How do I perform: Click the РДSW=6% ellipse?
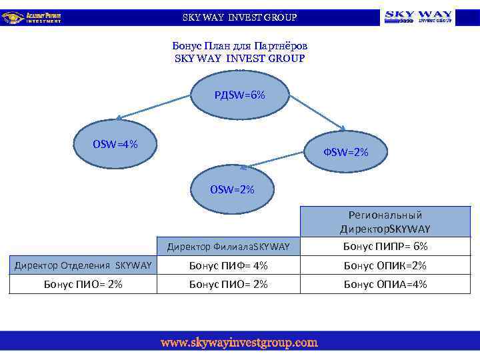pyautogui.click(x=239, y=95)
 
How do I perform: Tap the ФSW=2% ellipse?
pyautogui.click(x=346, y=153)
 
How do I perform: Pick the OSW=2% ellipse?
pyautogui.click(x=233, y=190)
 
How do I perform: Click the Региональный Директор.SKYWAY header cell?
pyautogui.click(x=385, y=222)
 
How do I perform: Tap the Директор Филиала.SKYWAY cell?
pyautogui.click(x=228, y=247)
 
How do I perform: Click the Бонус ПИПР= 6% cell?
pyautogui.click(x=385, y=247)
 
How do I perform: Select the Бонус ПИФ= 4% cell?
pyautogui.click(x=228, y=266)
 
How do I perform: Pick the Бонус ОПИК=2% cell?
pyautogui.click(x=385, y=266)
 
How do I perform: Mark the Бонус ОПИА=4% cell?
pyautogui.click(x=385, y=285)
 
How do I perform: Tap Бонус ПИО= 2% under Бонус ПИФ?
pyautogui.click(x=228, y=285)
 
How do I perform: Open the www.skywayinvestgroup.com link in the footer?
pyautogui.click(x=239, y=343)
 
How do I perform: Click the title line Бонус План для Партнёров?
pyautogui.click(x=239, y=46)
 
